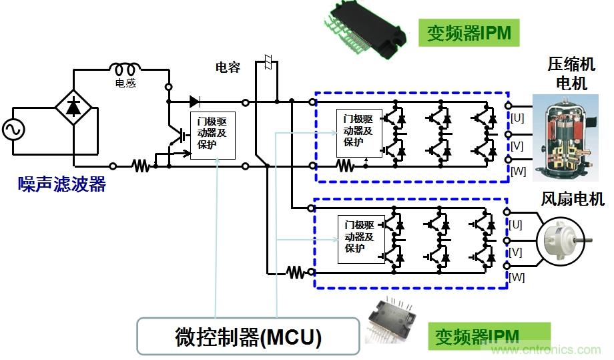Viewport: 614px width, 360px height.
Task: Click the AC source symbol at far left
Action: pos(13,129)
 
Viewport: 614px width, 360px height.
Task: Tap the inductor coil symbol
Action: pos(125,69)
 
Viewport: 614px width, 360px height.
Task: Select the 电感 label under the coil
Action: pos(125,83)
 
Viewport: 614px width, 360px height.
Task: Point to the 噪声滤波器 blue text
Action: pos(62,185)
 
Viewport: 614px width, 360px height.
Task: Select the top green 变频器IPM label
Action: pos(469,33)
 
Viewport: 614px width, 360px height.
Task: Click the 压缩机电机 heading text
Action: pos(568,74)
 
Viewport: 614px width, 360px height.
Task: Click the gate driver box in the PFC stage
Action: pos(212,134)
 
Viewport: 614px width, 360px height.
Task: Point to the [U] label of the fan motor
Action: pos(516,225)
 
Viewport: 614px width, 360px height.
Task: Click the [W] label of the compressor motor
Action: pos(518,171)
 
